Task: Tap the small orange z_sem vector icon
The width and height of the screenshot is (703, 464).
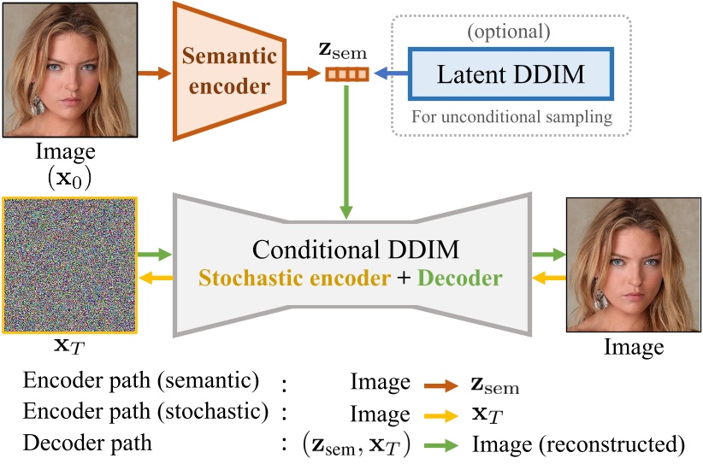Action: coord(346,75)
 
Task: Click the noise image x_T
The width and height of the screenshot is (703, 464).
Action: coord(69,266)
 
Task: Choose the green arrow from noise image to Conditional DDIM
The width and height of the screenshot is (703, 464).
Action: coord(156,255)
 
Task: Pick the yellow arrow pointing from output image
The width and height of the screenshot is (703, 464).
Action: coord(548,279)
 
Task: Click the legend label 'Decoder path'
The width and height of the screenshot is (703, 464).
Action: coord(87,444)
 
